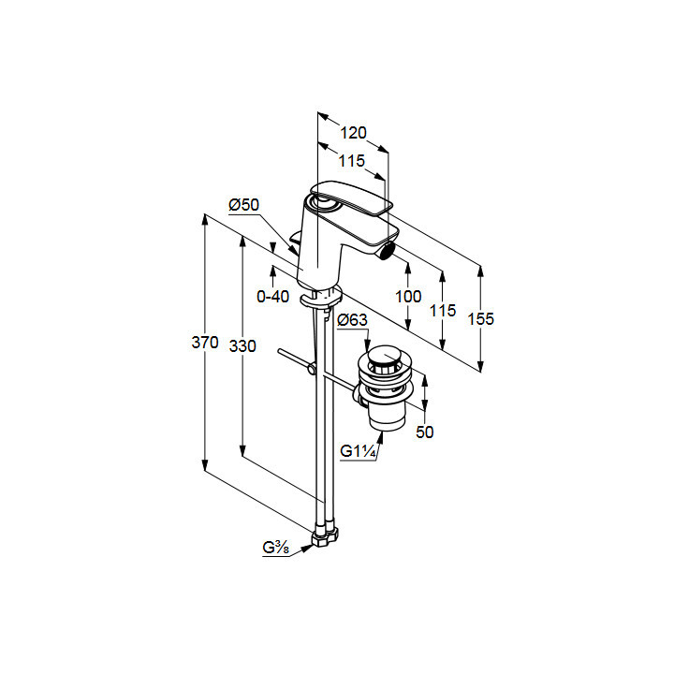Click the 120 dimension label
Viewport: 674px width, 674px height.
(x=353, y=133)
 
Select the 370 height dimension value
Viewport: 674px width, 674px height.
(x=205, y=343)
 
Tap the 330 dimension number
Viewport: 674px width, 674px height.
(x=242, y=346)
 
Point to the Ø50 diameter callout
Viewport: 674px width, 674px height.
(x=244, y=205)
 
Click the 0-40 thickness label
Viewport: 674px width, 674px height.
(x=273, y=296)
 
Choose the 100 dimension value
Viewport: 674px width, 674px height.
(x=408, y=296)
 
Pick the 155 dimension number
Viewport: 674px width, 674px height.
(x=481, y=318)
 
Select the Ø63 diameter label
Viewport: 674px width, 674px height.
(x=353, y=320)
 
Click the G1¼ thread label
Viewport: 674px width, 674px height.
(x=358, y=451)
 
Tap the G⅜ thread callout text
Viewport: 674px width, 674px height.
(x=276, y=548)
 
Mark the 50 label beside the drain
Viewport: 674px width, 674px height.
(x=425, y=432)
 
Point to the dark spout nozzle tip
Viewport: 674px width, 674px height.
(x=388, y=249)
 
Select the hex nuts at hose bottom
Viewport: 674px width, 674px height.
(x=325, y=535)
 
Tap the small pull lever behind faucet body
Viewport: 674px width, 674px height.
(x=296, y=241)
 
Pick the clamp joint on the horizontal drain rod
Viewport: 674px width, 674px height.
(x=312, y=369)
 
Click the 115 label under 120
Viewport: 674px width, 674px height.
(x=352, y=161)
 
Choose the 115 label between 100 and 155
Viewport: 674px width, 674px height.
(x=443, y=310)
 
